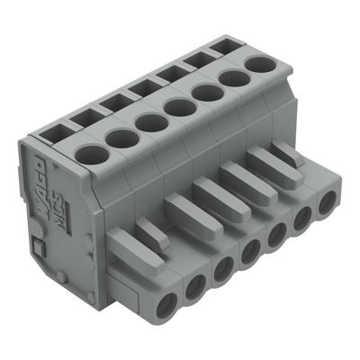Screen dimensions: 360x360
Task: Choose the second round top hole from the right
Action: coord(233,77)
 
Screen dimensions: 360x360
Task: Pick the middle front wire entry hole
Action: coord(251,254)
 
